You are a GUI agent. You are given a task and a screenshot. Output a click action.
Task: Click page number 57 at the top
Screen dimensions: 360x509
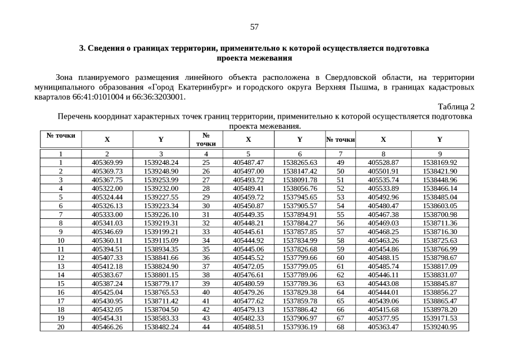pos(254,27)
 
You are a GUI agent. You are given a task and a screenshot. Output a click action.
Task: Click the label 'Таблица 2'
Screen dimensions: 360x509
pos(456,107)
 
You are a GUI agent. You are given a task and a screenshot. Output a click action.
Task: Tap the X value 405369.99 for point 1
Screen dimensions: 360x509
pos(107,162)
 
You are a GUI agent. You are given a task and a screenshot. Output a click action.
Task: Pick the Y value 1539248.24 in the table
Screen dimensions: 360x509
pos(161,162)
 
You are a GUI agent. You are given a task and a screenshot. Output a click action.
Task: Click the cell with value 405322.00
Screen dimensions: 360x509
pos(107,188)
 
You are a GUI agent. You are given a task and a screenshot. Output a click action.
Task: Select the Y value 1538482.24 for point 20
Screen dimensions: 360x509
pos(161,326)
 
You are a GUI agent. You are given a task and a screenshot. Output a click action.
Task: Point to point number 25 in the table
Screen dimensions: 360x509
pos(206,162)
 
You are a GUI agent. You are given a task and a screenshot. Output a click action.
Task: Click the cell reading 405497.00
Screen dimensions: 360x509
pos(248,170)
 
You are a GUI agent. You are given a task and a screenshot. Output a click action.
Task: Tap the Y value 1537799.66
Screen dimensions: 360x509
pos(300,257)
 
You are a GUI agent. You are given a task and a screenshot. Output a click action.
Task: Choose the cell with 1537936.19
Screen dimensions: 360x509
pos(300,326)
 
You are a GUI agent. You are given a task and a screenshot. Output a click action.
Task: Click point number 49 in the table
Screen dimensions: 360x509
pos(340,162)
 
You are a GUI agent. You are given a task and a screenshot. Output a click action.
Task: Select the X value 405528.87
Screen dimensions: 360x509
pos(383,162)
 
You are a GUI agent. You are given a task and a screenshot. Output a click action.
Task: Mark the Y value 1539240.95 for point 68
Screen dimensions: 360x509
pos(440,326)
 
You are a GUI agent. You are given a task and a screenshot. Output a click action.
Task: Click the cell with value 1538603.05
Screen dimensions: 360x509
pos(440,205)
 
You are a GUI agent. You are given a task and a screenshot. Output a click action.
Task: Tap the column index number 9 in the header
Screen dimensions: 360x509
pos(440,153)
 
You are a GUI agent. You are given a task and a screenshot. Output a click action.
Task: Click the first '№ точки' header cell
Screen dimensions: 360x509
pos(60,136)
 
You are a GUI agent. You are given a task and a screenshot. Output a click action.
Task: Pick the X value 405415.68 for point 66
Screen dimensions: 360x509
pos(383,309)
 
